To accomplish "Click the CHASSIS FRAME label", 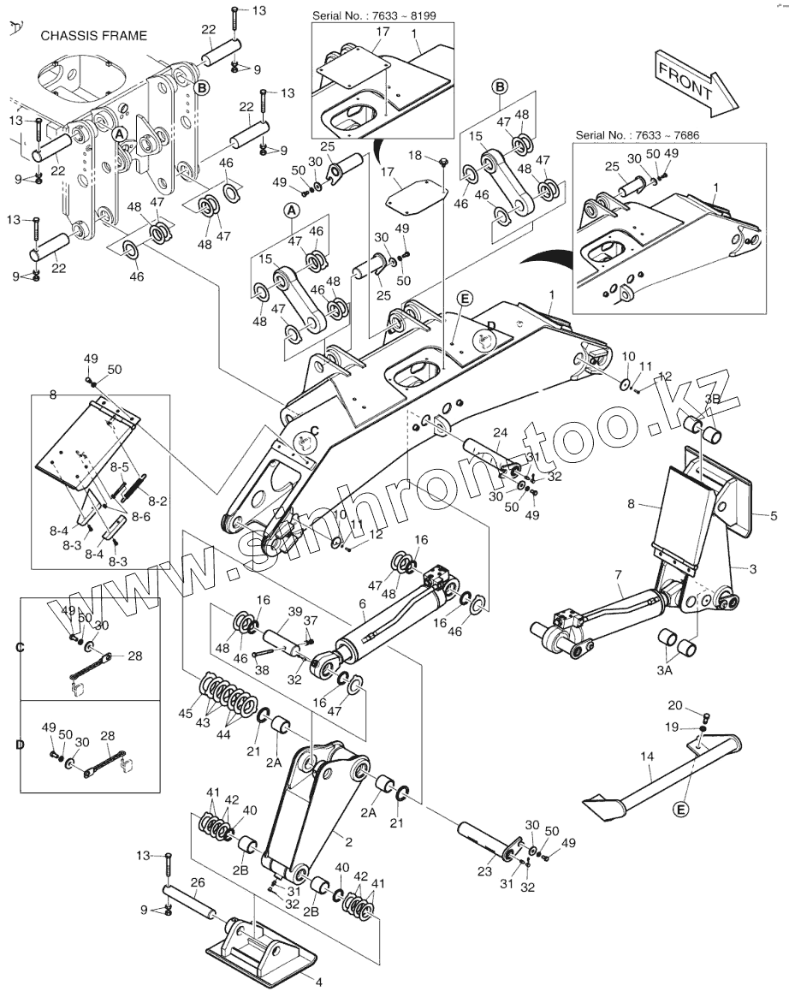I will click(x=94, y=36).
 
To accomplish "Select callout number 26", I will click(x=198, y=882).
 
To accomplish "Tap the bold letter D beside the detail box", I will click(x=20, y=745).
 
